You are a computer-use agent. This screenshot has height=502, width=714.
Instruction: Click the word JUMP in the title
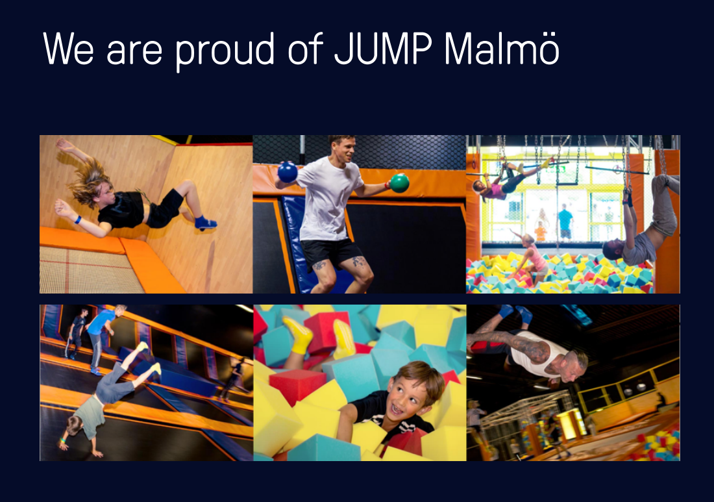(383, 48)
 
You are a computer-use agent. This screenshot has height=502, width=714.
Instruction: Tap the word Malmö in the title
(502, 48)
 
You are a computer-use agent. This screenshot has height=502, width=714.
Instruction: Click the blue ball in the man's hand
(288, 172)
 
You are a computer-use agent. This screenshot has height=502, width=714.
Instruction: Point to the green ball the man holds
(399, 182)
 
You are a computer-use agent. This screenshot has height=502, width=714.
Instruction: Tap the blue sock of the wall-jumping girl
(205, 222)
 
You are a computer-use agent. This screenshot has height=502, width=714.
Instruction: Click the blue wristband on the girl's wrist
(78, 220)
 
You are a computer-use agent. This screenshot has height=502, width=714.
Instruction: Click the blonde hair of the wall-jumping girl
(90, 182)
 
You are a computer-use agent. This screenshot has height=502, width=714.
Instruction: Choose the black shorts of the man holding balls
(330, 253)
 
